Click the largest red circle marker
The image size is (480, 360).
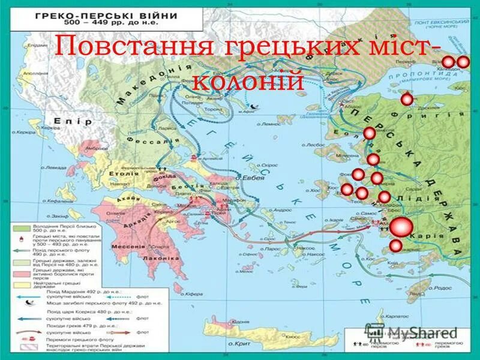coord(401,227)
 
